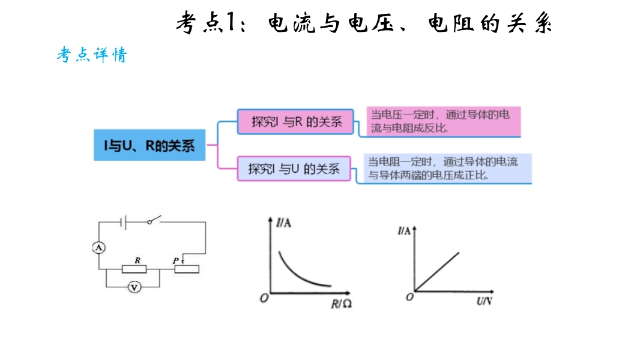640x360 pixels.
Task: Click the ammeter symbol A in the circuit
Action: [99, 247]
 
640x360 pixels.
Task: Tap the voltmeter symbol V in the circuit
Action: [134, 287]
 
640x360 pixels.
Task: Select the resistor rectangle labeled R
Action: [134, 269]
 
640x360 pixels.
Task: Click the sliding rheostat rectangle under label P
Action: [187, 269]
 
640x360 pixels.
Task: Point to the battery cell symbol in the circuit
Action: [123, 222]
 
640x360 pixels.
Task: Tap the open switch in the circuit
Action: [154, 220]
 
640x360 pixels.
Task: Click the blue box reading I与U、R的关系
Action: [149, 145]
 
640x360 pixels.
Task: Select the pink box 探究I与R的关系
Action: [295, 121]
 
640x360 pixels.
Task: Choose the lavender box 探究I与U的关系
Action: [294, 169]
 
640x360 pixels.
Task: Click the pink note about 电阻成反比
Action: [444, 121]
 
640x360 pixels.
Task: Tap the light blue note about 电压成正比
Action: [448, 169]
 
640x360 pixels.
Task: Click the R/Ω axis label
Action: [341, 304]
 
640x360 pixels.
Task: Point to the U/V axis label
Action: [484, 301]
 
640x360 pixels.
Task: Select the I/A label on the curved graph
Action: [283, 223]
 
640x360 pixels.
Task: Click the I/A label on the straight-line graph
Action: [404, 231]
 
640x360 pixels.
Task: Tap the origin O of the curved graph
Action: [264, 298]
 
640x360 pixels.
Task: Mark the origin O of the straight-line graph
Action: [410, 297]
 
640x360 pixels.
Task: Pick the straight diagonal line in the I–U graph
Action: [437, 271]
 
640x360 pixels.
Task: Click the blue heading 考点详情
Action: [92, 55]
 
